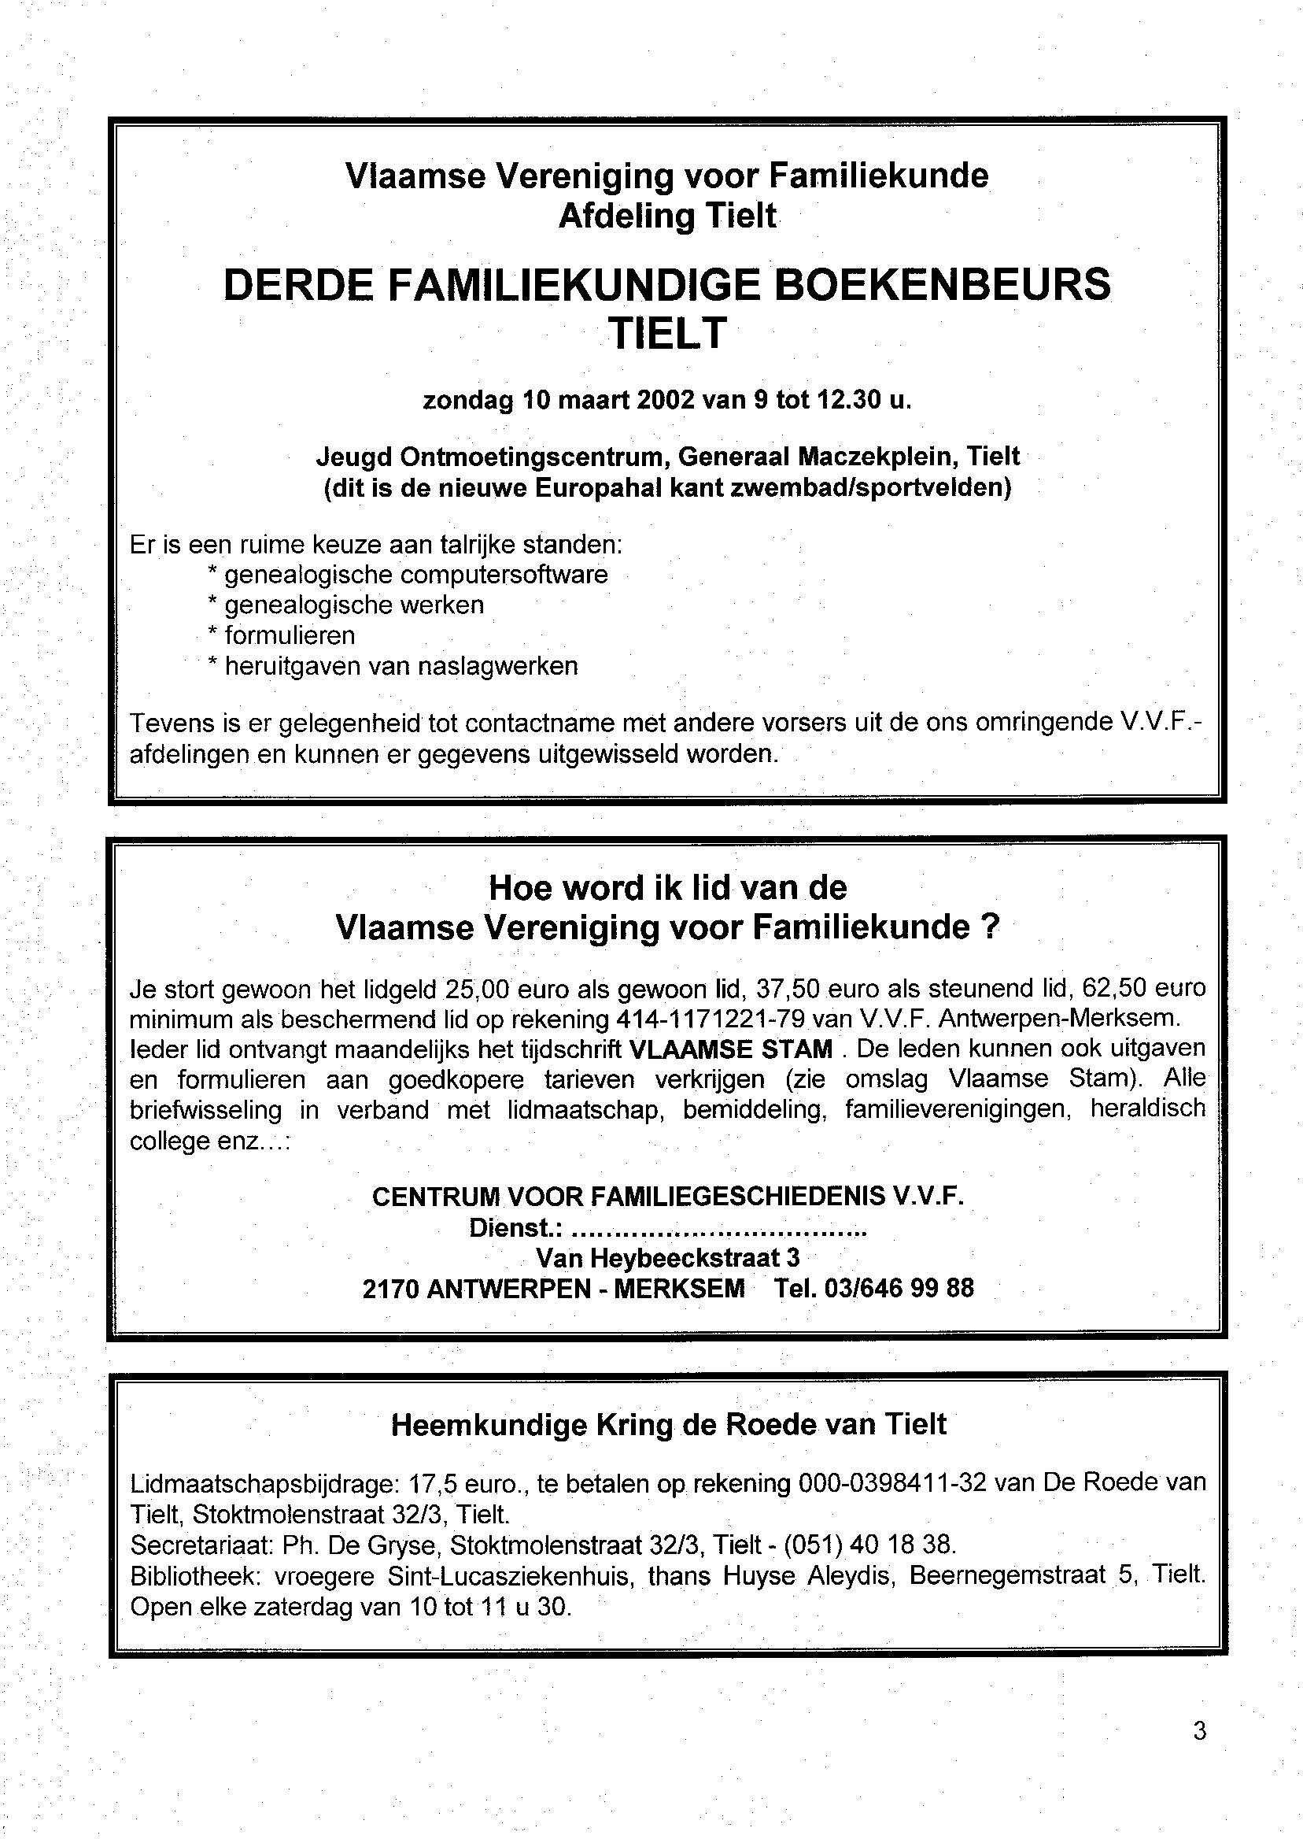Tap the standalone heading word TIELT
[666, 332]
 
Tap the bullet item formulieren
[290, 636]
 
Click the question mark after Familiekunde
[990, 928]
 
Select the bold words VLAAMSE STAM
[731, 1049]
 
